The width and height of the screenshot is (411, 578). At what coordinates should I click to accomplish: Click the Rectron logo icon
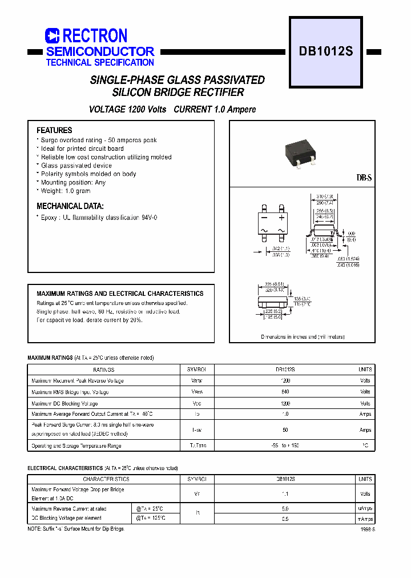click(x=52, y=36)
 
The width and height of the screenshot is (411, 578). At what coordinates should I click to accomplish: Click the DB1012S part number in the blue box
click(x=326, y=51)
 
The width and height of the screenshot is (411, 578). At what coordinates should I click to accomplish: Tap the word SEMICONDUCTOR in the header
click(x=100, y=51)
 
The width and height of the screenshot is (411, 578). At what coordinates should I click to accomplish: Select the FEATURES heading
click(x=54, y=130)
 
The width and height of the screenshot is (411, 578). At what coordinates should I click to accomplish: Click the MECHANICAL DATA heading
click(x=70, y=206)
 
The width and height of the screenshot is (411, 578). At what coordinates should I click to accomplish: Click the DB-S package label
click(x=364, y=178)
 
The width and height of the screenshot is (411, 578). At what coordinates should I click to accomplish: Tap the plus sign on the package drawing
click(x=281, y=218)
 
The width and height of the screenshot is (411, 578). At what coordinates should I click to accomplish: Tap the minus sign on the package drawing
click(x=264, y=218)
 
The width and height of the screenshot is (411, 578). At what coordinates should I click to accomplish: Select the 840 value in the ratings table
click(x=285, y=392)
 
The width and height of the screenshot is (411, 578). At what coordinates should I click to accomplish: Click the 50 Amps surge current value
click(x=285, y=430)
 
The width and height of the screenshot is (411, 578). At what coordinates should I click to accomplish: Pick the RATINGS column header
click(x=104, y=370)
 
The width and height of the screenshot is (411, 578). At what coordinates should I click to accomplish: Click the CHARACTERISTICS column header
click(x=106, y=479)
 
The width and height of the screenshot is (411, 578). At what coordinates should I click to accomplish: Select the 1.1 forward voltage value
click(x=285, y=494)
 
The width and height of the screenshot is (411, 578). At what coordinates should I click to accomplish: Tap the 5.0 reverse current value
click(x=285, y=508)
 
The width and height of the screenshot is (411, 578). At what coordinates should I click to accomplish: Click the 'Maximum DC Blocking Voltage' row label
click(x=70, y=403)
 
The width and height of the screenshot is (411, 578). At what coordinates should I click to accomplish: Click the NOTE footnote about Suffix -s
click(x=75, y=529)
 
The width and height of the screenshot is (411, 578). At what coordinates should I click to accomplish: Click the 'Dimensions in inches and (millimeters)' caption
click(x=303, y=337)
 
